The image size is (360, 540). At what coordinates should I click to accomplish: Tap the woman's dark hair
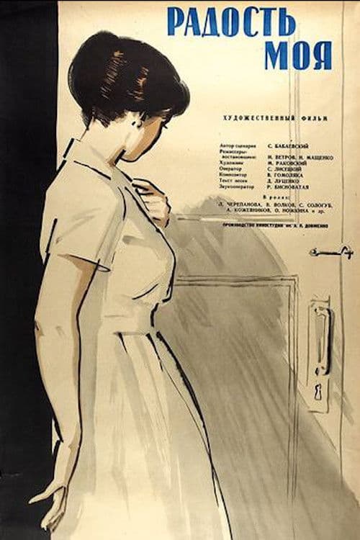point(115,79)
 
